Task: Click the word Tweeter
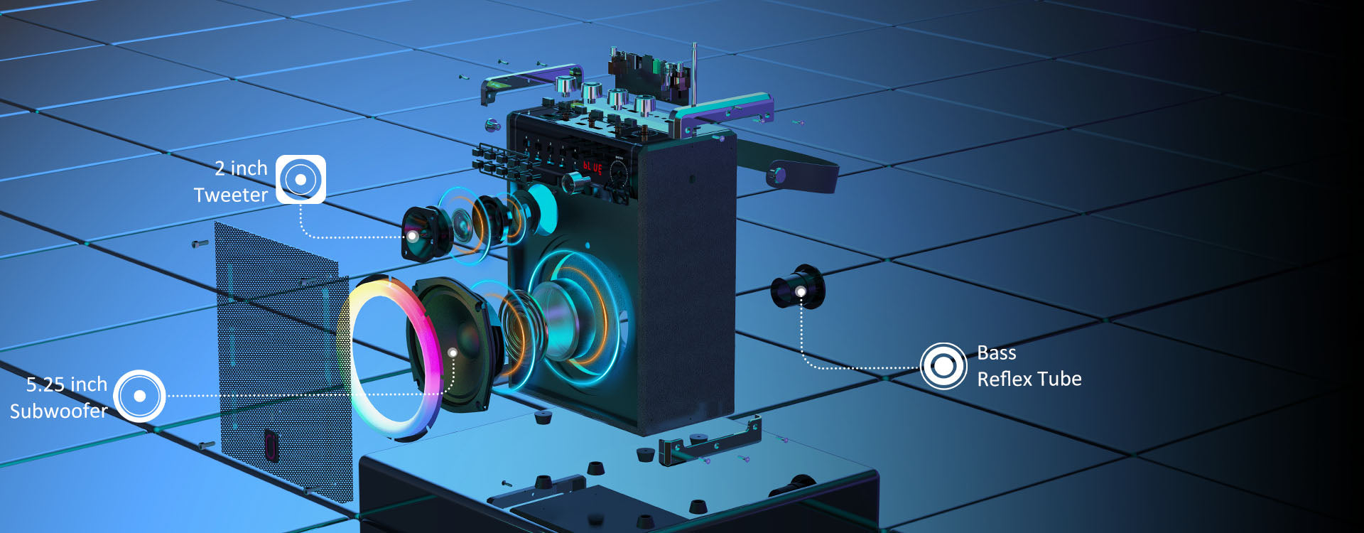[231, 195]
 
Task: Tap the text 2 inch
[241, 168]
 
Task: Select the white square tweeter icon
[301, 179]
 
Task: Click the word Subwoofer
[59, 411]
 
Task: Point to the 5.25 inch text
[67, 384]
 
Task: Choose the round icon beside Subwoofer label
[139, 396]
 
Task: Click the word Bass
[997, 352]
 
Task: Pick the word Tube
[1060, 379]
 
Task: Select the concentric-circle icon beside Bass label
[943, 366]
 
